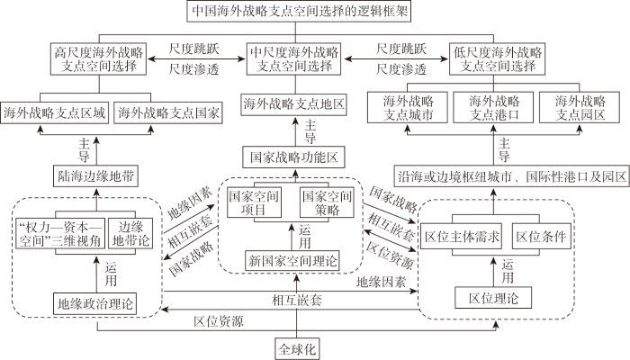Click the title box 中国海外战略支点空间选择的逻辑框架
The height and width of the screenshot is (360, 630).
299,11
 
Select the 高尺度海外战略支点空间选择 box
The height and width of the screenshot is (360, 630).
98,59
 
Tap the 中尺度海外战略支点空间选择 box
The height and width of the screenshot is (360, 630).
293,59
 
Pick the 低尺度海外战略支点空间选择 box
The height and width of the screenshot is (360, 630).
498,59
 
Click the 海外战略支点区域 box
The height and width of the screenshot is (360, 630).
55,112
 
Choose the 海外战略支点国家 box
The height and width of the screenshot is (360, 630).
168,112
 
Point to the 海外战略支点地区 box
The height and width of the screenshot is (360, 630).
293,104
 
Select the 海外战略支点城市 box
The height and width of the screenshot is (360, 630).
408,107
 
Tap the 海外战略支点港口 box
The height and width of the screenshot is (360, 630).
493,107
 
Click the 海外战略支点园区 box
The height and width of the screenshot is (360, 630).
580,107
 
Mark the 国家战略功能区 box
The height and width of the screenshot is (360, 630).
293,157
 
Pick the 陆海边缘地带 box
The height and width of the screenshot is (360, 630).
95,176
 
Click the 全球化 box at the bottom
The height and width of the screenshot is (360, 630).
297,349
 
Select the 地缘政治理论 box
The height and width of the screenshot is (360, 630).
94,304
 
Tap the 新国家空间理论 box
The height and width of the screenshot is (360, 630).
292,261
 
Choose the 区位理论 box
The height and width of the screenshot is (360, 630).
493,298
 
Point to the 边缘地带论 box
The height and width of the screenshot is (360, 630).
130,233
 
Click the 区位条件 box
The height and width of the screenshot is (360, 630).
541,236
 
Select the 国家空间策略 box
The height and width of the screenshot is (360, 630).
327,202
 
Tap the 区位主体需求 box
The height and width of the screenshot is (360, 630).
462,236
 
